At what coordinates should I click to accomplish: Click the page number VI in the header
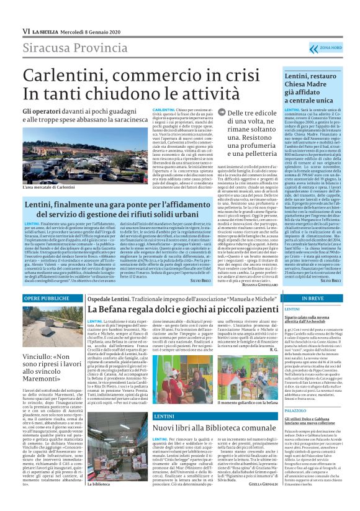coord(26,30)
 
